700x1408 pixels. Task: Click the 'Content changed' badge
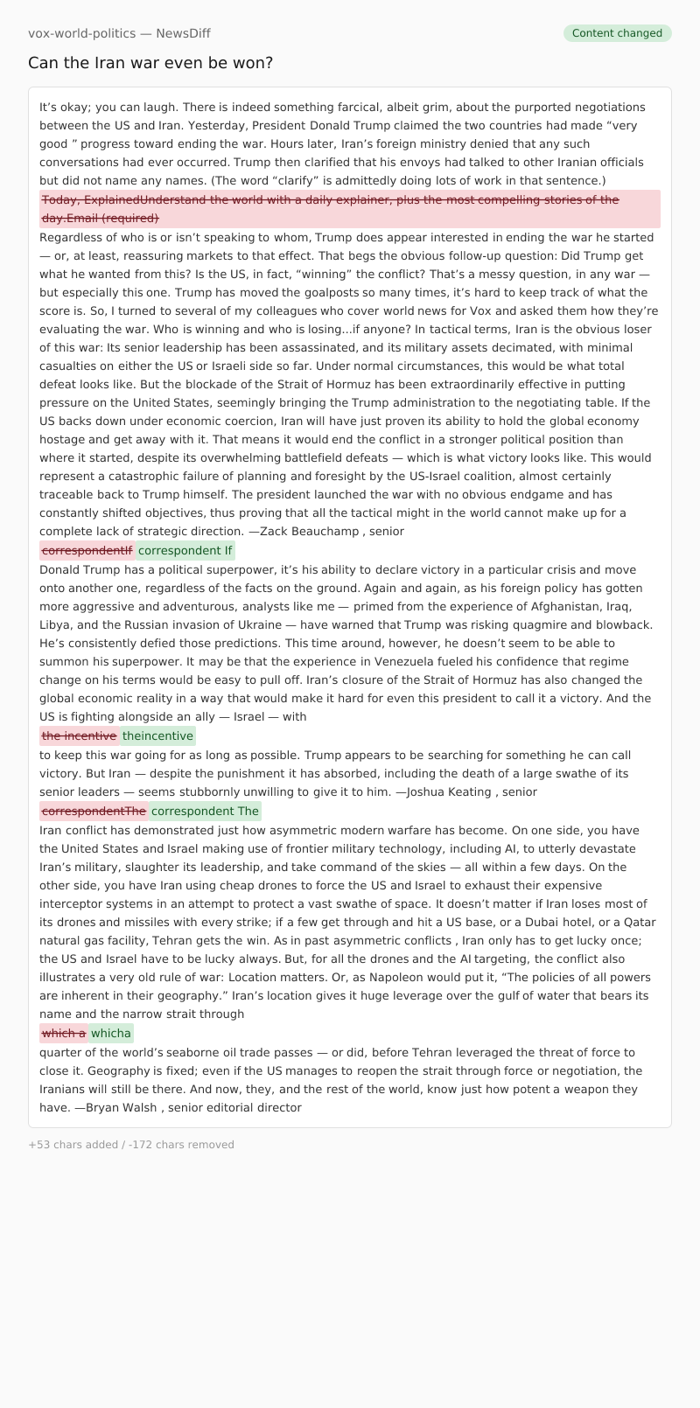click(617, 33)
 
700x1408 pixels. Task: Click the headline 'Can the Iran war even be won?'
click(150, 63)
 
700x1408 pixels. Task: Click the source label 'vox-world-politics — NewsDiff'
click(119, 33)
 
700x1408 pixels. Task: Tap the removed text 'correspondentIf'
click(87, 550)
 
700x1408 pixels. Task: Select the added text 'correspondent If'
click(185, 550)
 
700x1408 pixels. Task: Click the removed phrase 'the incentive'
click(79, 735)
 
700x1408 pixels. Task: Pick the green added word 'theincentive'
click(157, 735)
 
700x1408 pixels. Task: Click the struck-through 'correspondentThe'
click(94, 811)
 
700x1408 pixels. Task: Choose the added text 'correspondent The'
click(205, 811)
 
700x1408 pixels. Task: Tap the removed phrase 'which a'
click(64, 1033)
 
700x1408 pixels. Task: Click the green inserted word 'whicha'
click(111, 1033)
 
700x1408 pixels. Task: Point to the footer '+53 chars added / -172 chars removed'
click(131, 1144)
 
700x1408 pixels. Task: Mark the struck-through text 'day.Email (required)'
click(101, 218)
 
